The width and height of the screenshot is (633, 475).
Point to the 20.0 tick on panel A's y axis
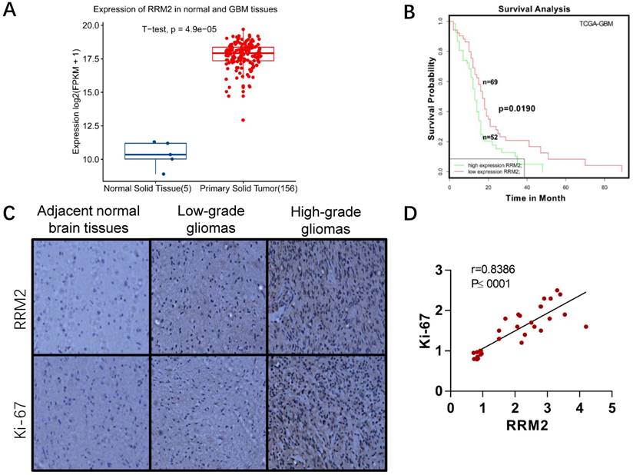pyautogui.click(x=93, y=26)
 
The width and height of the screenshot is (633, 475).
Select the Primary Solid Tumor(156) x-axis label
pyautogui.click(x=248, y=187)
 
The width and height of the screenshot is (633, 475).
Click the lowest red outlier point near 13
pyautogui.click(x=243, y=120)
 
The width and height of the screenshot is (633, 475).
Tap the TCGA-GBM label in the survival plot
pyautogui.click(x=595, y=25)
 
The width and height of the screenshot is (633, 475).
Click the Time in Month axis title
pyautogui.click(x=535, y=198)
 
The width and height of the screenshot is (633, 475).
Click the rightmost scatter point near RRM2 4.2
pyautogui.click(x=586, y=327)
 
